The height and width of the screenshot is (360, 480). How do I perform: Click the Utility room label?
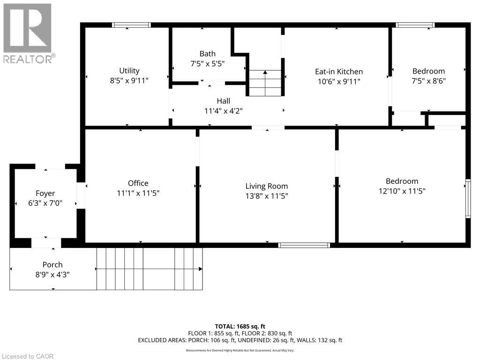[x=129, y=71]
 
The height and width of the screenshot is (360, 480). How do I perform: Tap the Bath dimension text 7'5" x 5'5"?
[x=207, y=63]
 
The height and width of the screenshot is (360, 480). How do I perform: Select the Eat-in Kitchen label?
[x=338, y=72]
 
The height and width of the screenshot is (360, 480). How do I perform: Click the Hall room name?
[x=223, y=101]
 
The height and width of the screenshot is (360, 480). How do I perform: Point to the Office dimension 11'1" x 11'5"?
[x=138, y=193]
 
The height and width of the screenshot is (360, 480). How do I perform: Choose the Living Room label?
[x=267, y=186]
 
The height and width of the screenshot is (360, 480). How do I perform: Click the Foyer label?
[x=45, y=193]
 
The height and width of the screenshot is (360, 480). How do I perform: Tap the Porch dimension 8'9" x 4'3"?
[x=52, y=275]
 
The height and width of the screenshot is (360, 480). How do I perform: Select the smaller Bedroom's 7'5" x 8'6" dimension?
[x=428, y=81]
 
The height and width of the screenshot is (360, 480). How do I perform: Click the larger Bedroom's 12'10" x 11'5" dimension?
[x=402, y=191]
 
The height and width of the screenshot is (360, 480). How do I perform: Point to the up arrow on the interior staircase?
[x=265, y=73]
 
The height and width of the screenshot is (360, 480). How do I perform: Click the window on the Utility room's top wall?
[x=131, y=25]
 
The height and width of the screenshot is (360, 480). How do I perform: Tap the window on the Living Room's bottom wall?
[x=304, y=245]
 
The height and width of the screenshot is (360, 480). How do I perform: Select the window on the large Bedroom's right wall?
[x=467, y=199]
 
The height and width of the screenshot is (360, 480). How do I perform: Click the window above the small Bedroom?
[x=415, y=25]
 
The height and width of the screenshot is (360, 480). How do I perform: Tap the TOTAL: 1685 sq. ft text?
[x=240, y=326]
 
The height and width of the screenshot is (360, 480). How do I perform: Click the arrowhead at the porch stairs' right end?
[x=200, y=269]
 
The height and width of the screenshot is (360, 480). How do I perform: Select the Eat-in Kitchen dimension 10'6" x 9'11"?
[x=338, y=81]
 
